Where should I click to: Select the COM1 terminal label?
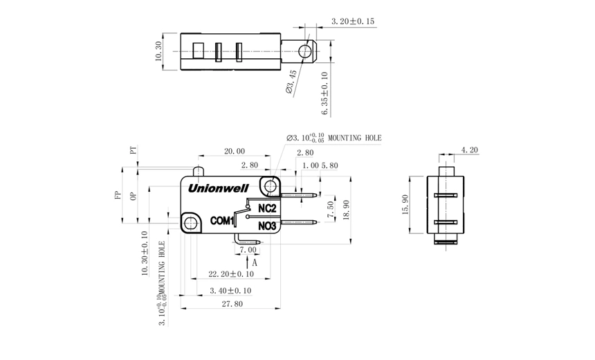pos(221,221)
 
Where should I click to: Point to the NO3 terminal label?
pos(267,226)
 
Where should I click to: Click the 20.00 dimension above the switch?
pos(234,152)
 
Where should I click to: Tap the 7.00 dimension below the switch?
pos(247,249)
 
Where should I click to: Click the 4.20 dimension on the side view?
pos(468,150)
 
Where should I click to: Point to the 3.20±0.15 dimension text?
pos(353,21)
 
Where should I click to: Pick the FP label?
pos(118,196)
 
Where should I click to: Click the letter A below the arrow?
pos(255,264)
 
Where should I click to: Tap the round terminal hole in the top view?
pos(305,51)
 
